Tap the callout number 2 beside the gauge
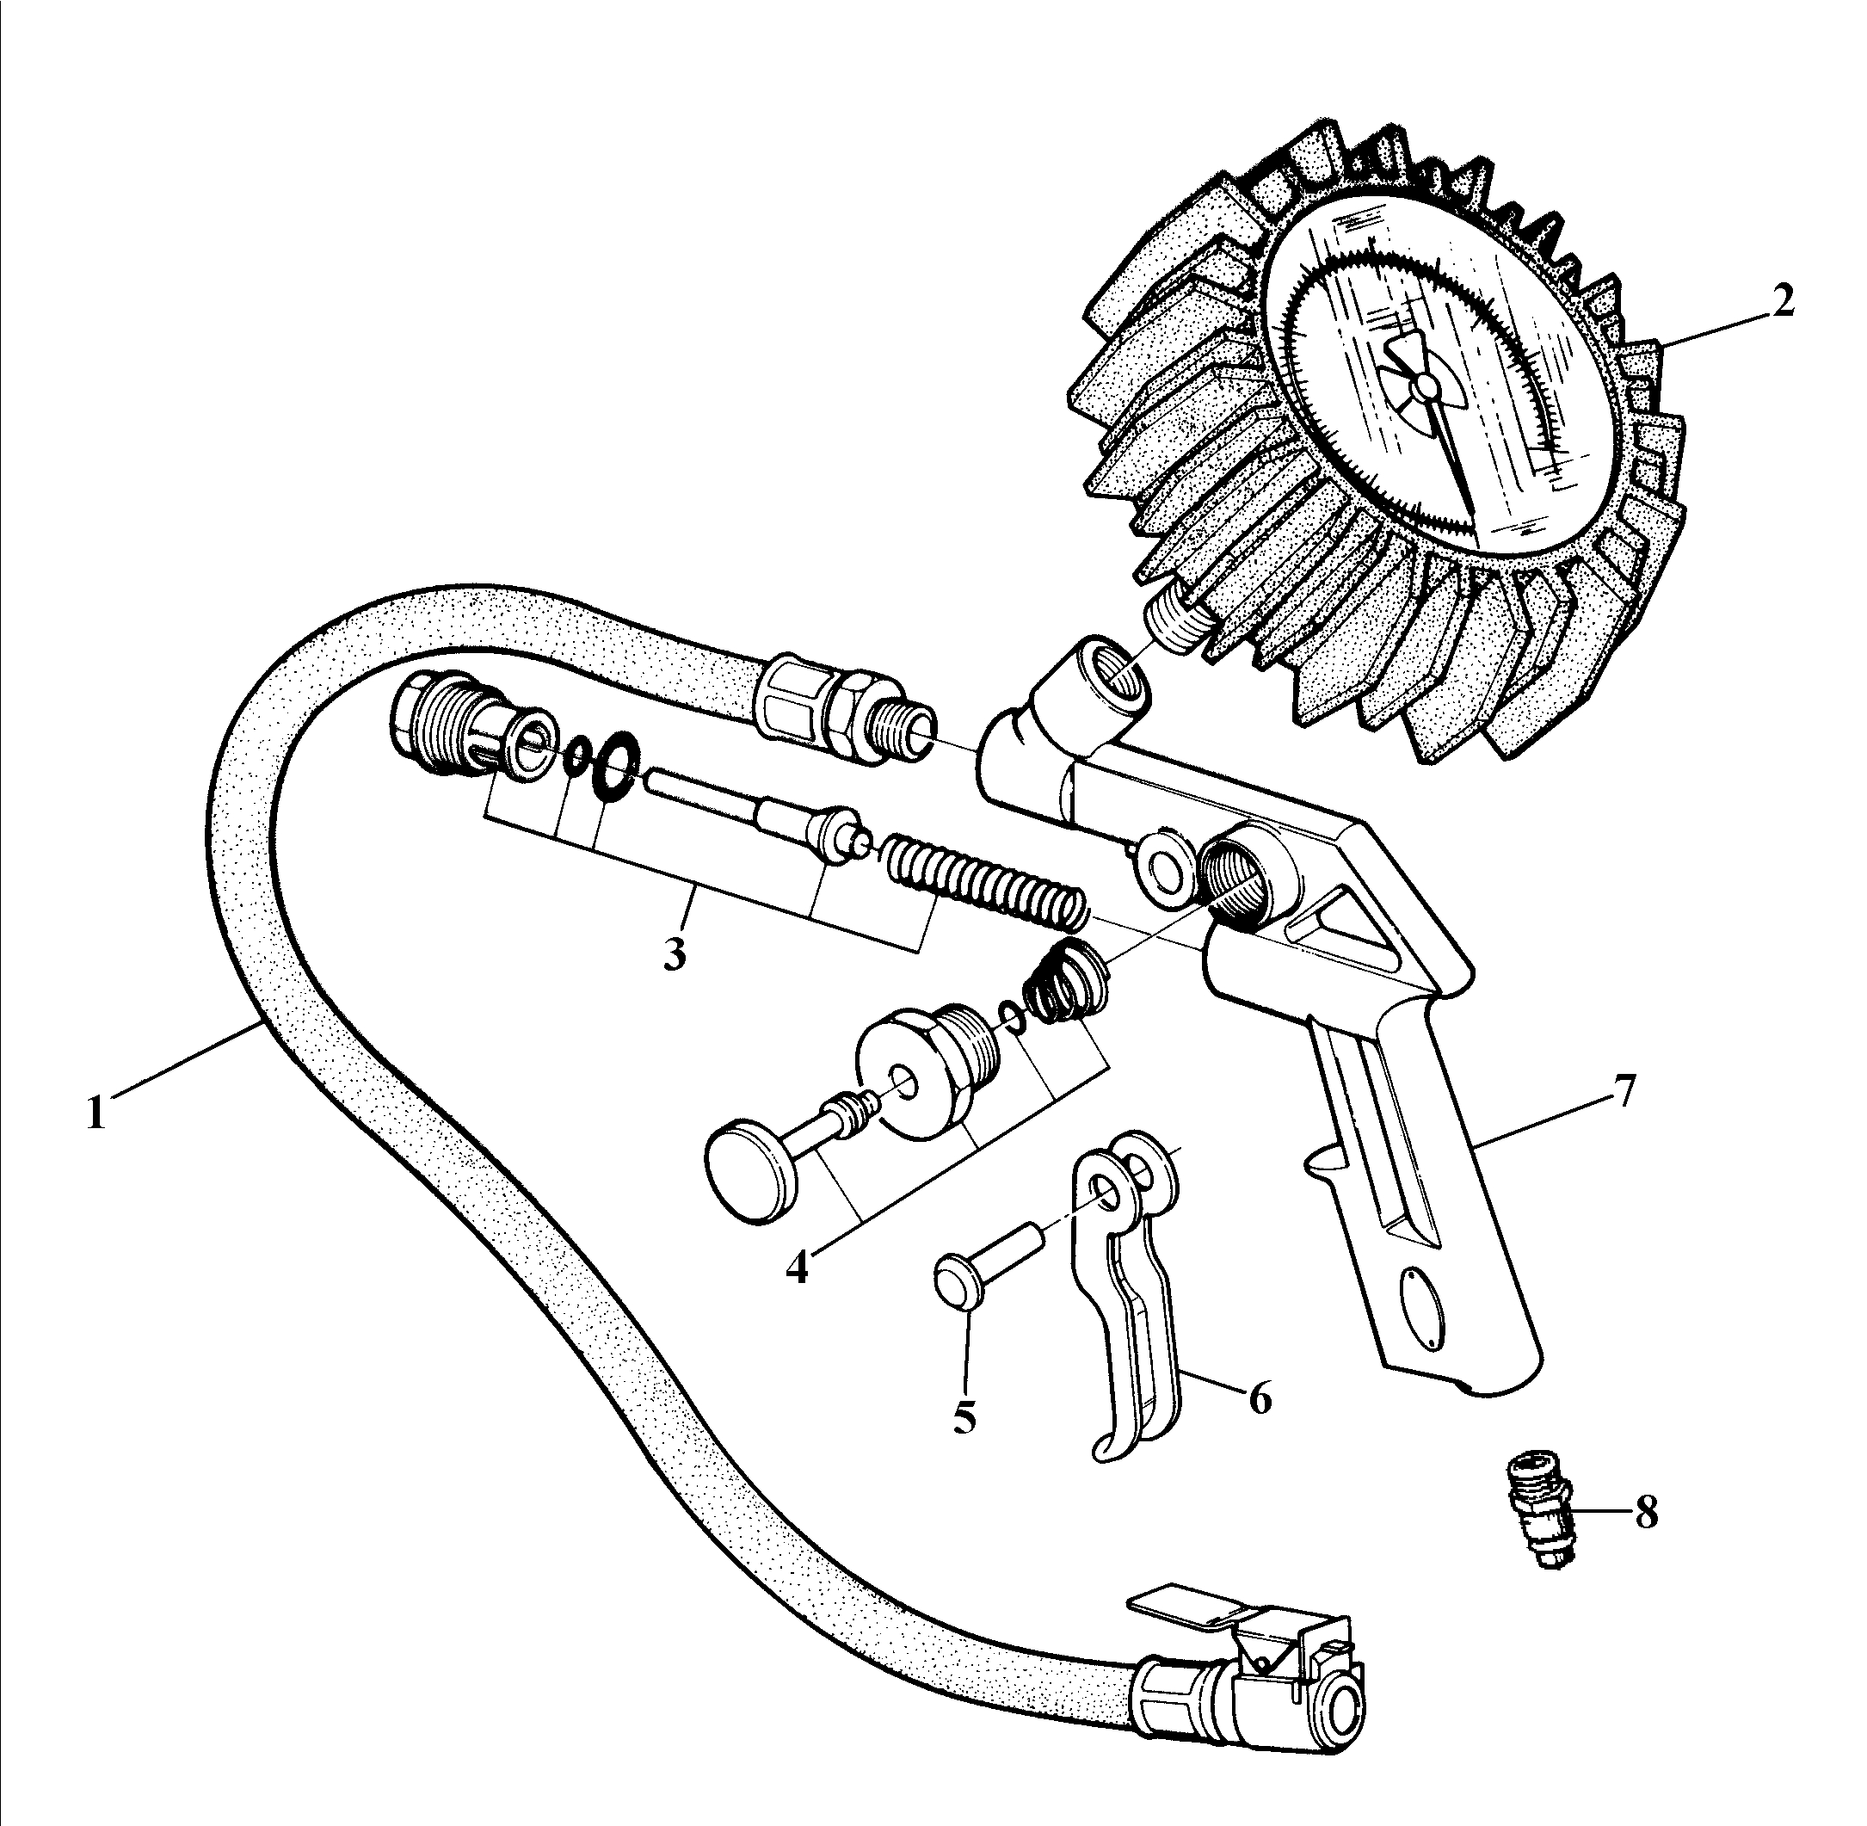point(1780,302)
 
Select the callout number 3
point(675,953)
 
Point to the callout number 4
point(797,1266)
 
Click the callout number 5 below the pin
point(964,1416)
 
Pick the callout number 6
point(1259,1398)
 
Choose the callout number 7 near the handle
point(1622,1092)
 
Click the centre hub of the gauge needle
point(1426,386)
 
